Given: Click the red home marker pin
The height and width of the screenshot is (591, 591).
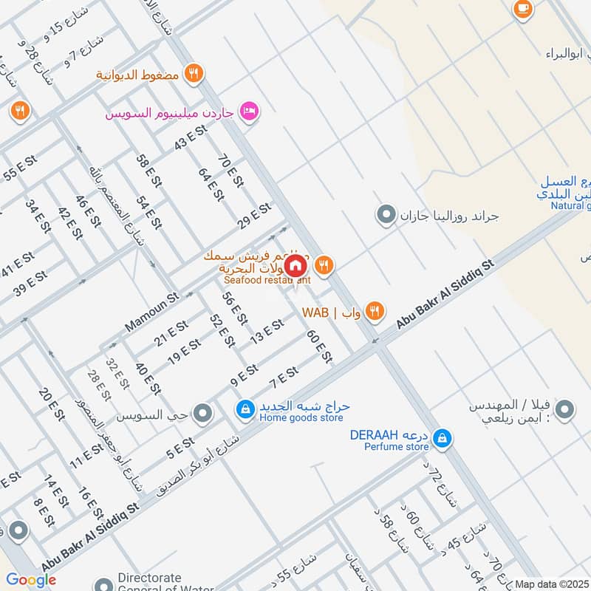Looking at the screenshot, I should pos(295,264).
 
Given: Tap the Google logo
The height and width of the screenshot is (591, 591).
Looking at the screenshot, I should pos(31,580).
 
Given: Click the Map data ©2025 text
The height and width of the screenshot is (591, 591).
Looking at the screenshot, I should pos(553,584).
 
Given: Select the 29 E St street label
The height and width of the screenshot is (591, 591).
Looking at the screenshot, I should pos(255,217).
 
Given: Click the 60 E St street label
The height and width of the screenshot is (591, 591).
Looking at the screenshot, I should pos(319,346).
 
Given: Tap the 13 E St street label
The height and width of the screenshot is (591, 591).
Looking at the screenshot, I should pos(267,330).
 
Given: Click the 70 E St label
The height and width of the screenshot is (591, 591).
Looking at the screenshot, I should pos(230,170).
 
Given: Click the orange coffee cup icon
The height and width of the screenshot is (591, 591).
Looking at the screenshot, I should pos(523,9).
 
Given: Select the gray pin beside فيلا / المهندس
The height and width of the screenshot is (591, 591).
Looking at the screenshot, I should pos(564,409).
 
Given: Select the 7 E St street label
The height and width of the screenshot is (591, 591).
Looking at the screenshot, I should pos(283,378).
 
